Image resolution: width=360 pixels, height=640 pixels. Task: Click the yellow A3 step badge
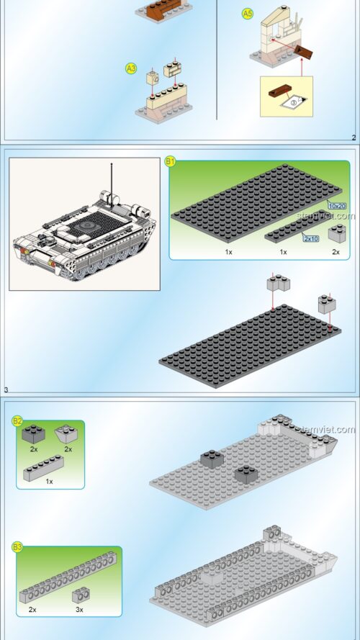tap(131, 68)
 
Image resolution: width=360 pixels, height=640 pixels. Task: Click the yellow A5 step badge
tap(247, 14)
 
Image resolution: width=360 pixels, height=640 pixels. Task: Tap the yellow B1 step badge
tap(171, 162)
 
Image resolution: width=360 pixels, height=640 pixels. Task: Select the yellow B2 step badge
tap(17, 421)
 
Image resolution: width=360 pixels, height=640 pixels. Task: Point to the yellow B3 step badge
tap(17, 548)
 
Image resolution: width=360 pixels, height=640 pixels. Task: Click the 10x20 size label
tap(336, 206)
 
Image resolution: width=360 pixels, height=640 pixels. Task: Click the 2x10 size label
tap(311, 238)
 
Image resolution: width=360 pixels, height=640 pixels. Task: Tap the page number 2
tap(353, 138)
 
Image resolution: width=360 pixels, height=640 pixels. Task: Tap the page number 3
tap(6, 390)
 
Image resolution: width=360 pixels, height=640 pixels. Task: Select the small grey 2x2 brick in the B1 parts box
tap(336, 233)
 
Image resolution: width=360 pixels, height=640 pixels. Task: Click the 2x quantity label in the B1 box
tap(336, 253)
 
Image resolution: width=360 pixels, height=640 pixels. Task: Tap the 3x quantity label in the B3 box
tap(78, 609)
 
